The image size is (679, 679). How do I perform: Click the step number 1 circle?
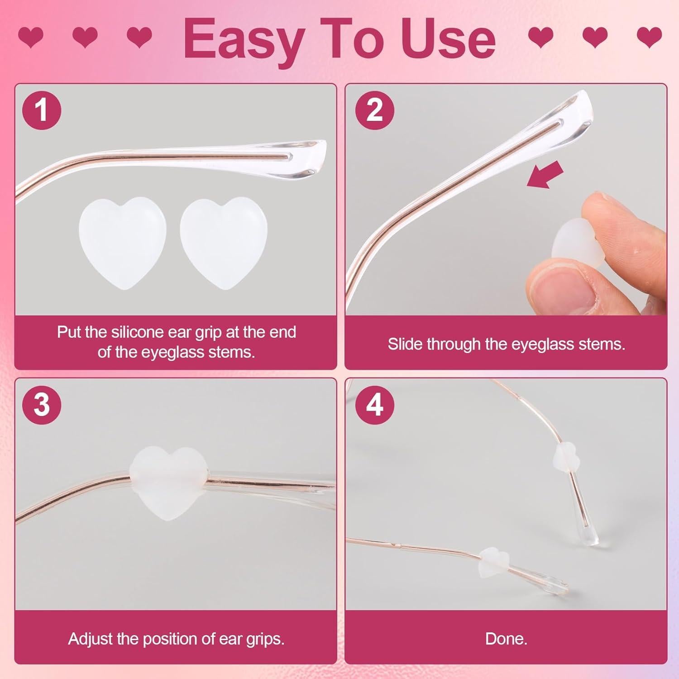click(42, 110)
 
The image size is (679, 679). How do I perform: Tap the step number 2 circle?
click(374, 110)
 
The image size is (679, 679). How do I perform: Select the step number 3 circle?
click(42, 404)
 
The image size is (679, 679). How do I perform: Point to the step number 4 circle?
click(374, 404)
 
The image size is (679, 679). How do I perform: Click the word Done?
click(506, 639)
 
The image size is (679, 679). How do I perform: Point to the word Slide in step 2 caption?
click(405, 344)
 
